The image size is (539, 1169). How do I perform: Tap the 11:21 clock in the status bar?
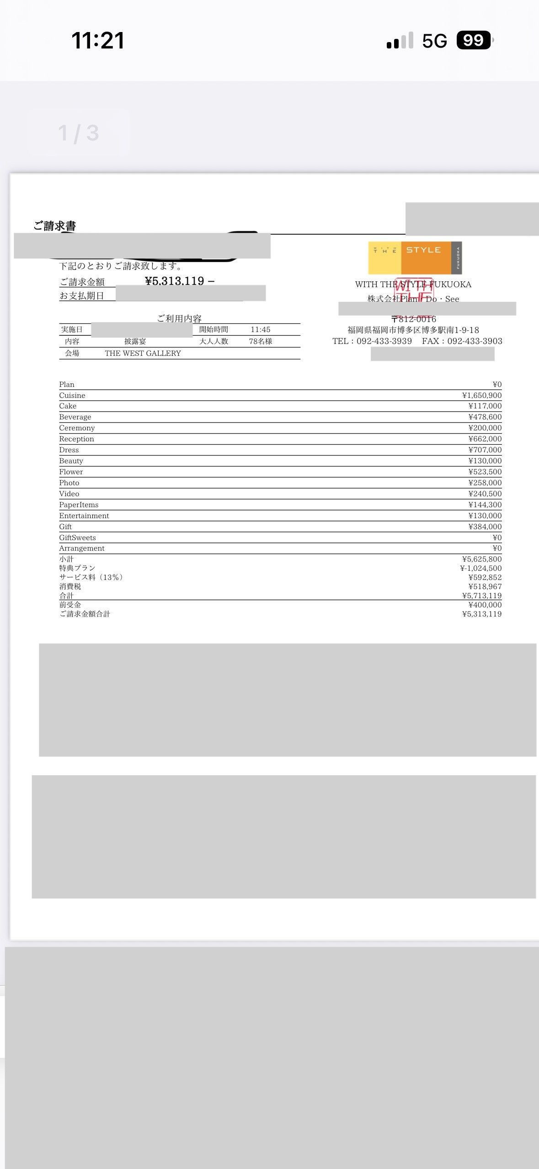point(98,40)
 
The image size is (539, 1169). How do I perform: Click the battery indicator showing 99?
point(474,40)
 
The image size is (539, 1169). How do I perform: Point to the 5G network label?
point(434,41)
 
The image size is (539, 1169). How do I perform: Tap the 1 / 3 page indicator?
point(78,133)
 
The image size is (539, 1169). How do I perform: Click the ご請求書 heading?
point(54,226)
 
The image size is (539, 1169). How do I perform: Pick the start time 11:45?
point(260,329)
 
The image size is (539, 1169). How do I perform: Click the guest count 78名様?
point(260,341)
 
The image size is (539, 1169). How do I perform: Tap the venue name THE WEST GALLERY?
point(143,353)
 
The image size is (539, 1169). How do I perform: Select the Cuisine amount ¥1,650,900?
point(481,395)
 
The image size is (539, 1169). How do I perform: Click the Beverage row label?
point(75,417)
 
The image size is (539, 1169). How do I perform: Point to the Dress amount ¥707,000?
point(485,450)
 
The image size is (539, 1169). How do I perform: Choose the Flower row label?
point(71,472)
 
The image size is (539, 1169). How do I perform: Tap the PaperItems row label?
point(79,504)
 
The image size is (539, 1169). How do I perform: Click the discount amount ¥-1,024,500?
point(480,568)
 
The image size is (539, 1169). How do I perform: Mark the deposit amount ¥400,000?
point(485,605)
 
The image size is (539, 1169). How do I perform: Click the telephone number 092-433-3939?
point(384,341)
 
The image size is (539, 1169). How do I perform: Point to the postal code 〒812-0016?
point(414,319)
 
